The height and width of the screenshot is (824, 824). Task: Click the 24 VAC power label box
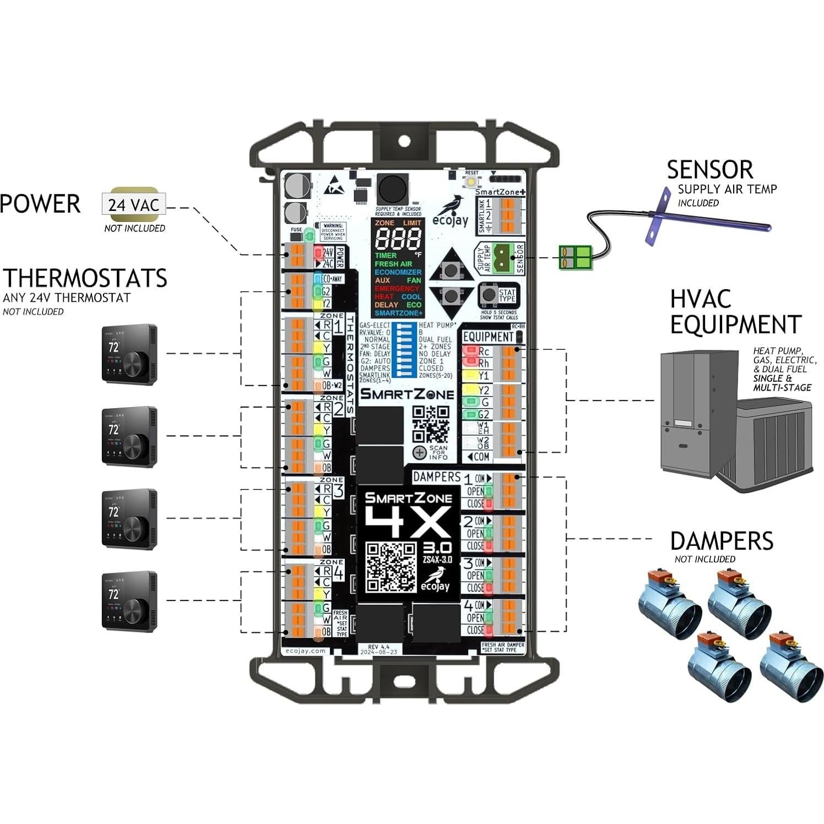click(134, 204)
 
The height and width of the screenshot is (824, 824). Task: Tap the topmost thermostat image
click(129, 354)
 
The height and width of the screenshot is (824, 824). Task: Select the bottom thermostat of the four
click(129, 601)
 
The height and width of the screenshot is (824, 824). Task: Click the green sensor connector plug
click(575, 257)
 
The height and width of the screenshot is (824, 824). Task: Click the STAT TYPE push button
click(489, 295)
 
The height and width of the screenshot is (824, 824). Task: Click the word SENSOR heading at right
click(709, 170)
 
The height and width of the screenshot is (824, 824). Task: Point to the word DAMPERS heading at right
click(721, 541)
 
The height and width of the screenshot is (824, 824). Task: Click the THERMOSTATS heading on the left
click(85, 278)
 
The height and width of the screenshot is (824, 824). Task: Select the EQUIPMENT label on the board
click(487, 337)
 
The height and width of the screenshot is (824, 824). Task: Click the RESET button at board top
click(471, 181)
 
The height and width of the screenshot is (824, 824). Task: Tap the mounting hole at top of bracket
click(404, 141)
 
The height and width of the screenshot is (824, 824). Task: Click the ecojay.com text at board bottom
click(306, 650)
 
